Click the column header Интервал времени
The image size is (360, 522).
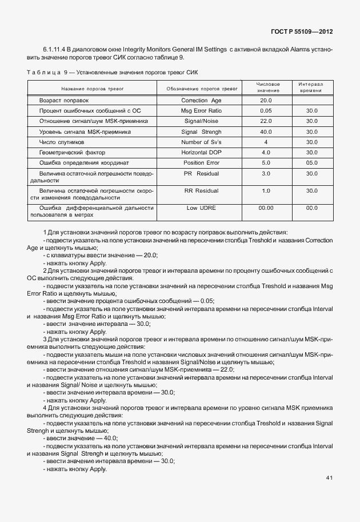pyautogui.click(x=311, y=87)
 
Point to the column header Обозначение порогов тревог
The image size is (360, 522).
pyautogui.click(x=202, y=89)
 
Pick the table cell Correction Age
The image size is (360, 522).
pyautogui.click(x=202, y=99)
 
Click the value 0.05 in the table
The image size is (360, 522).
pyautogui.click(x=266, y=110)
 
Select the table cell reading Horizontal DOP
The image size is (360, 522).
pyautogui.click(x=202, y=152)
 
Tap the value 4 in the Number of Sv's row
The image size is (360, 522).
pyautogui.click(x=266, y=142)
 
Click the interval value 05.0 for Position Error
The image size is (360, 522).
pyautogui.click(x=311, y=162)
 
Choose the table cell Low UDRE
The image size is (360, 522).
pyautogui.click(x=202, y=208)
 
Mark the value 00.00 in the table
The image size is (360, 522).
pyautogui.click(x=266, y=208)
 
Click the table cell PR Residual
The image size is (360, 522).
pyautogui.click(x=202, y=173)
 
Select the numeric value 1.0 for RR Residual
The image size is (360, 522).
pyautogui.click(x=266, y=190)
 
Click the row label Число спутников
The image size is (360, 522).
pyautogui.click(x=61, y=142)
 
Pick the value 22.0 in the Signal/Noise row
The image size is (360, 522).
pyautogui.click(x=266, y=121)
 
